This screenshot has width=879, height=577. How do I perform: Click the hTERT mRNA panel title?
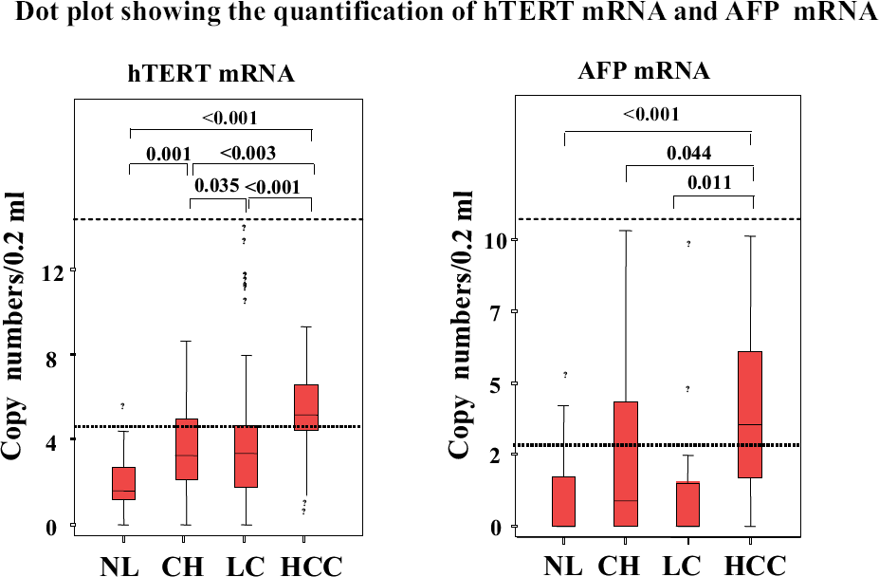pos(211,73)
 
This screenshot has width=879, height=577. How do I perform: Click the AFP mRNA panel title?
pos(644,71)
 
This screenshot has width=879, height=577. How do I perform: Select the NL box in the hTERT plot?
pos(123,483)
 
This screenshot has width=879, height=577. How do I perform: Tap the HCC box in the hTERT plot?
pos(306,407)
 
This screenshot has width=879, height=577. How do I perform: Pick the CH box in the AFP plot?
pos(626,464)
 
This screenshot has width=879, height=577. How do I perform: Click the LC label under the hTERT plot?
pos(245,566)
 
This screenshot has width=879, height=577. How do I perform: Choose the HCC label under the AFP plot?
pos(758,565)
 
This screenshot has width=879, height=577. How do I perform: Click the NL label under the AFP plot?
pos(563,565)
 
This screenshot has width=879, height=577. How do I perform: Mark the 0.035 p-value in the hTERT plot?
pos(217,185)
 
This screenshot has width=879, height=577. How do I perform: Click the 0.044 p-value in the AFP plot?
pos(689,153)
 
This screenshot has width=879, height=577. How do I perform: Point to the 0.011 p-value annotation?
pos(709,182)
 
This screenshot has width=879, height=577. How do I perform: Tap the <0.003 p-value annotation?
pos(247,153)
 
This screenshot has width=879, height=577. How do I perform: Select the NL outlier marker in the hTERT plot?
pos(122,406)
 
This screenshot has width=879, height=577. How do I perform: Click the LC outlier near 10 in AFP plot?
pos(688,244)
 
